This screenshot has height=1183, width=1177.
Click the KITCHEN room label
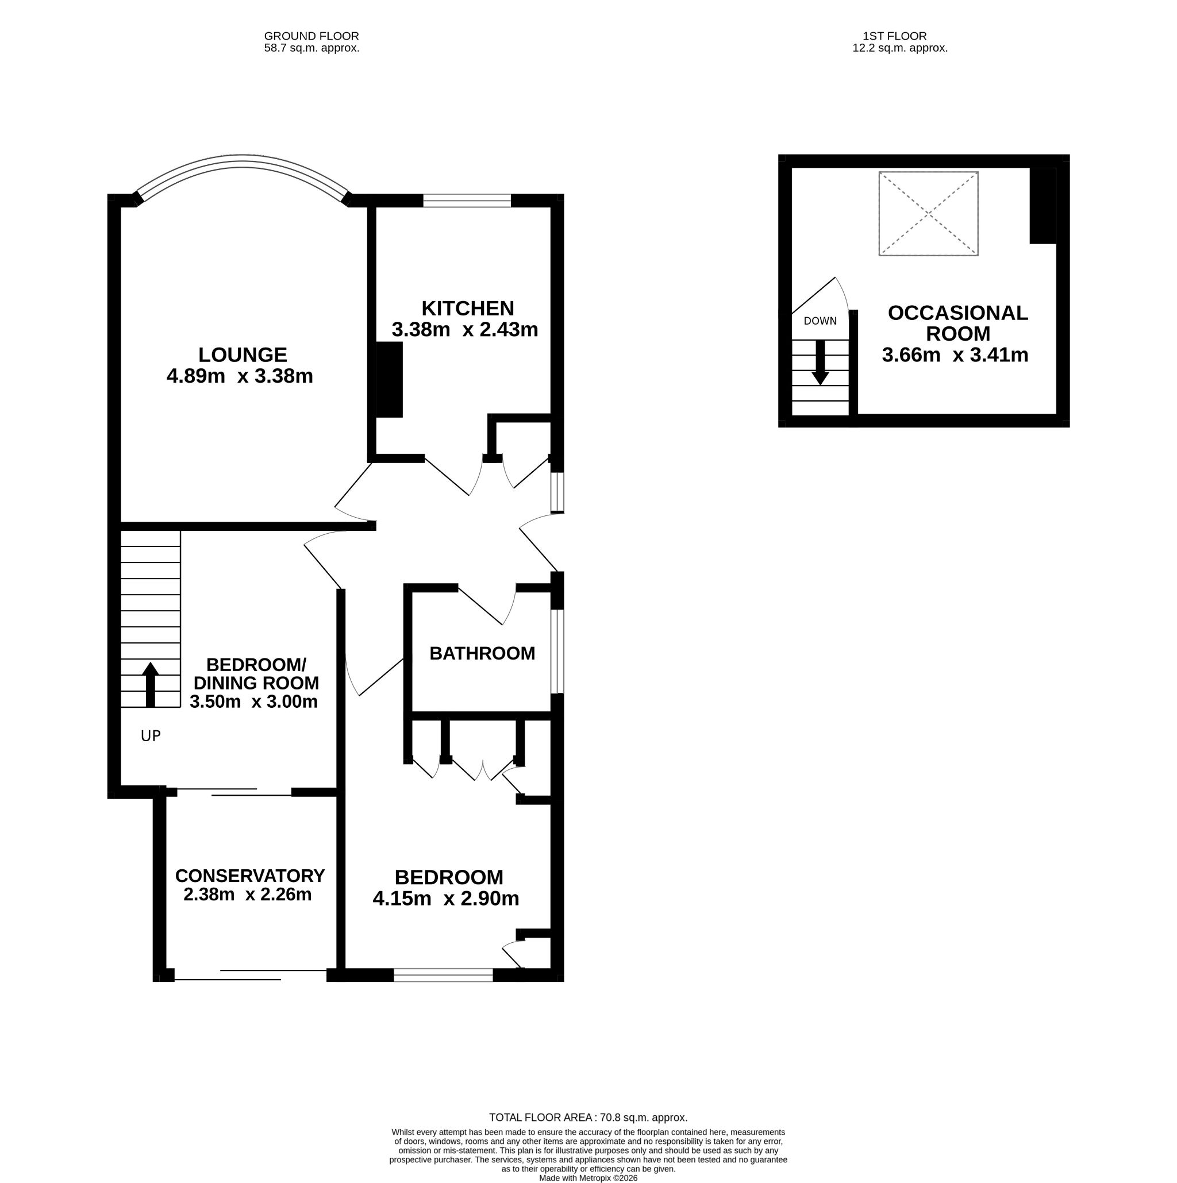(468, 308)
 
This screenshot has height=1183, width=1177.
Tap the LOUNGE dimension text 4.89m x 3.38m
(240, 376)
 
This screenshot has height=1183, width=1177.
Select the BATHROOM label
(482, 653)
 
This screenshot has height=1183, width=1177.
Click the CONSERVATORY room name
(250, 876)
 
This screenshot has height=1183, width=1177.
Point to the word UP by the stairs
(151, 736)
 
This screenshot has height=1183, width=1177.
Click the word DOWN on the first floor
(820, 321)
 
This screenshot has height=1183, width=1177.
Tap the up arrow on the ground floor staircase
(150, 684)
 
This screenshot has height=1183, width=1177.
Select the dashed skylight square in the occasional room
(928, 214)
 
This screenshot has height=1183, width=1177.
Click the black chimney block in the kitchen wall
(389, 380)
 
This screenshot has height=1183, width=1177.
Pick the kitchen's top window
(467, 201)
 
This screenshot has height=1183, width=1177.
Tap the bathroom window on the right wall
(557, 652)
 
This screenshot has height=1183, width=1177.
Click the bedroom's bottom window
(443, 975)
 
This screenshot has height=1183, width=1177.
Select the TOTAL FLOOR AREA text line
(588, 1118)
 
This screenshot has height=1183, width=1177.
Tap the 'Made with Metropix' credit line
(588, 1178)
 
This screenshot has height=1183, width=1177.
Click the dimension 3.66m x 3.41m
(955, 355)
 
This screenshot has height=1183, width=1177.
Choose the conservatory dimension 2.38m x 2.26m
(247, 895)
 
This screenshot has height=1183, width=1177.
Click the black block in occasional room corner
(1043, 206)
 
